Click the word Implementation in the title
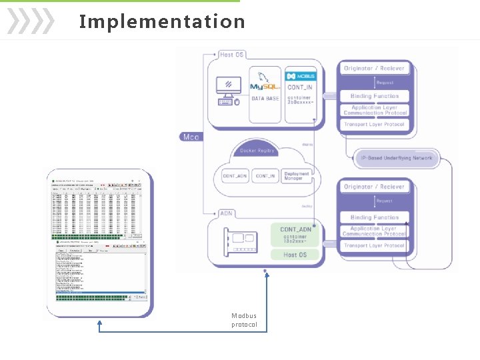point(162,21)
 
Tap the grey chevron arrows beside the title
point(30,21)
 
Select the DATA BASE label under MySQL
point(265,99)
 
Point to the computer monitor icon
point(229,87)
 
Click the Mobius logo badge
point(300,75)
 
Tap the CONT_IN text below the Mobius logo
point(300,87)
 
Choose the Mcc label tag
point(190,137)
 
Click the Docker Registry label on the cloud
point(257,151)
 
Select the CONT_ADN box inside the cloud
point(235,176)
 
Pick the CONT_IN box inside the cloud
point(266,176)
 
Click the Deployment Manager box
point(297,176)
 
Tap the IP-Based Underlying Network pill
point(397,158)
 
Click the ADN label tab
point(227,213)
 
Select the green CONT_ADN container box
point(295,235)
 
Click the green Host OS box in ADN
point(295,255)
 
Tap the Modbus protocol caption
point(244,320)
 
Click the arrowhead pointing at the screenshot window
point(99,324)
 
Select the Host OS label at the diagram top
point(232,54)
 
